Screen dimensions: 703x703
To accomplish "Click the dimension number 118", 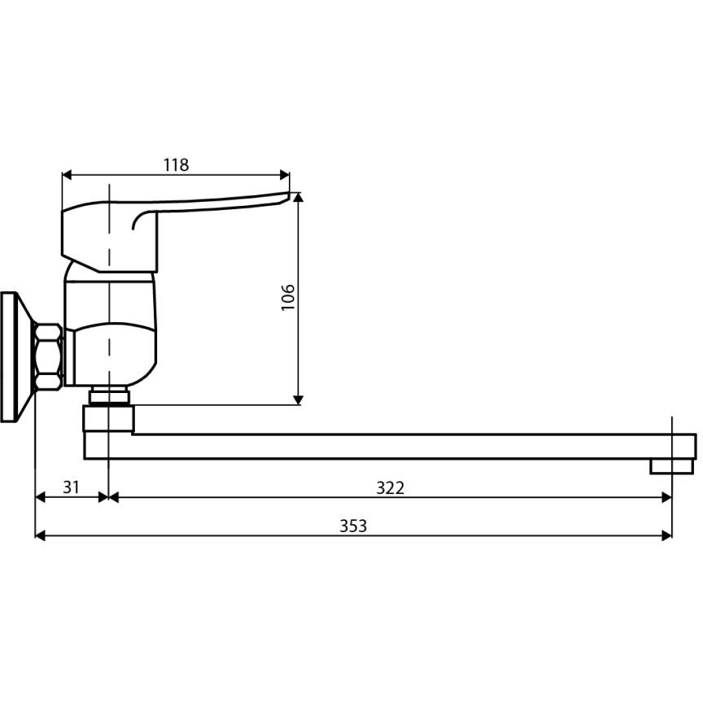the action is coord(176,165).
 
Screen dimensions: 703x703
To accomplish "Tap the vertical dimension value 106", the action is coord(288,297).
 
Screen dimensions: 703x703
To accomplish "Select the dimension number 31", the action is coord(71,487).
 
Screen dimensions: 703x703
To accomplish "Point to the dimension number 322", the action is coord(390,488).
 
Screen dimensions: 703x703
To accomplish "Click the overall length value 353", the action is coord(353,526).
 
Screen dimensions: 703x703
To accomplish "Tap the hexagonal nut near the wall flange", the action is coord(49,356).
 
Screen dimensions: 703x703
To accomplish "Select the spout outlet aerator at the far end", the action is coord(671,466).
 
